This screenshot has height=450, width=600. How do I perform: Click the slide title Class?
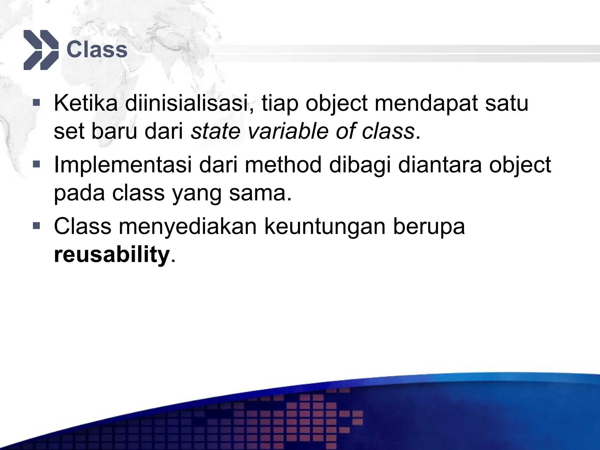click(x=97, y=50)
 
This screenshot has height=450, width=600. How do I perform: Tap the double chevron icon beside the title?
click(x=41, y=50)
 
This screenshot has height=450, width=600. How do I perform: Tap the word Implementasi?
click(x=123, y=165)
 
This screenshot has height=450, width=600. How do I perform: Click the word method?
click(x=283, y=165)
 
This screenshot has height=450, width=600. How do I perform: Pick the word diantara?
click(x=440, y=165)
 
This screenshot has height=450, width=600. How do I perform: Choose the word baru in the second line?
click(x=114, y=131)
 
